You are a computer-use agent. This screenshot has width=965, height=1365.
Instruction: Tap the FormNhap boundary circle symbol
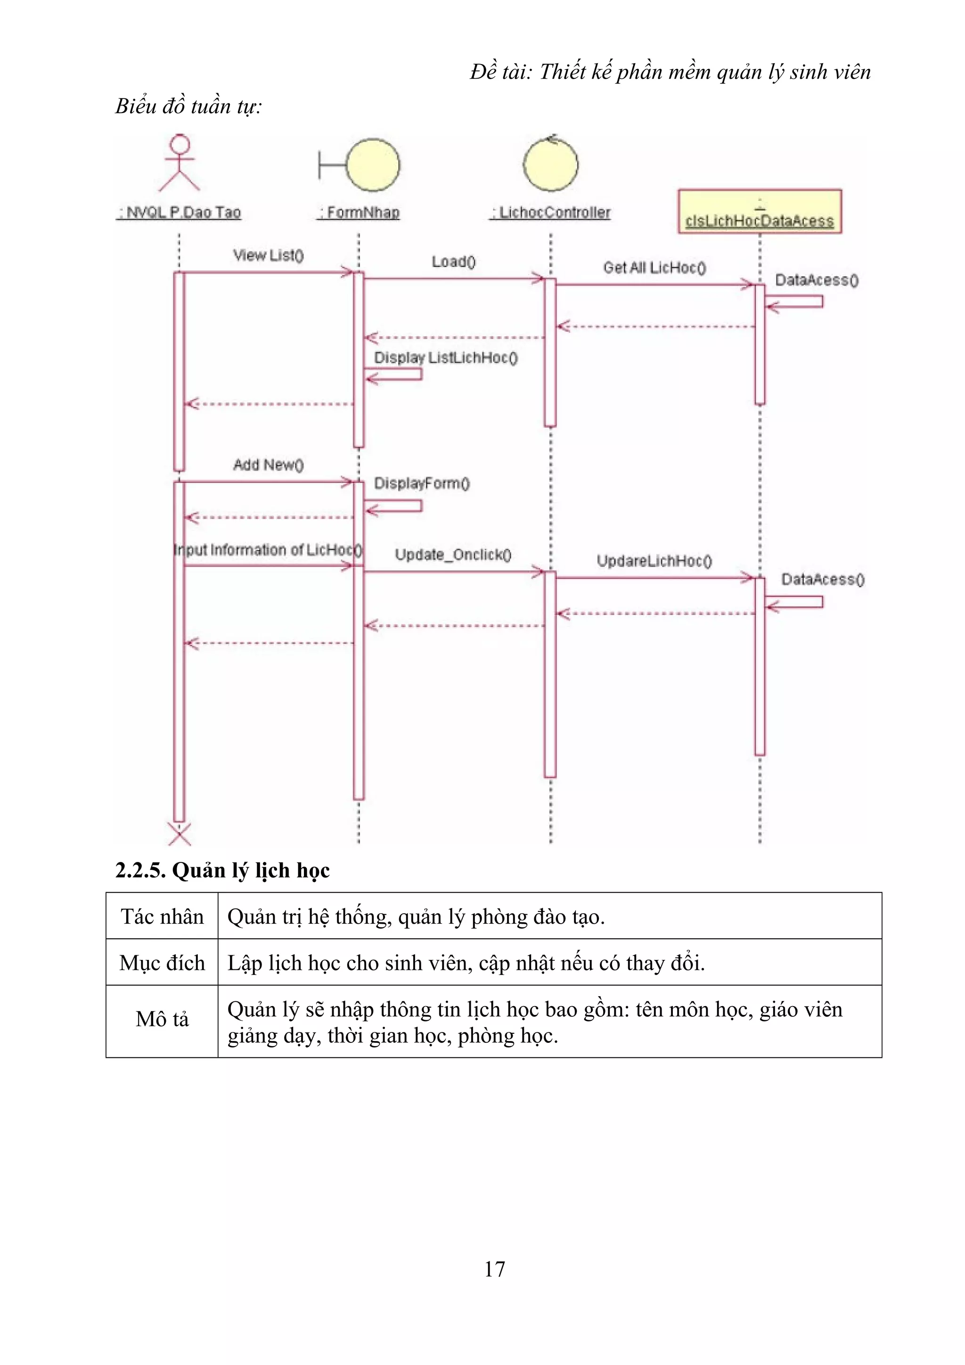tap(373, 165)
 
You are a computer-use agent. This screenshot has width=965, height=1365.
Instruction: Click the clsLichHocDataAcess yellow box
tap(760, 211)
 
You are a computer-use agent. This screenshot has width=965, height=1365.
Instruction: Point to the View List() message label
tap(268, 256)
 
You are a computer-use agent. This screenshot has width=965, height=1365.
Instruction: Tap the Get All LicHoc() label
tap(654, 268)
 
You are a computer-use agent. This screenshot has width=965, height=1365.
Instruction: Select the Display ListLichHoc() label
tap(446, 358)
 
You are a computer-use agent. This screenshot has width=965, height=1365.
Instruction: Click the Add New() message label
tap(268, 465)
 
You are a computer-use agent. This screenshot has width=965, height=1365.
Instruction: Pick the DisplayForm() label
tap(422, 483)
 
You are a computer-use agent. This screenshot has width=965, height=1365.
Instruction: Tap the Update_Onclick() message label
tap(453, 555)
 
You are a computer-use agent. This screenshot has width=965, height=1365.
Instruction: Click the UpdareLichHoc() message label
tap(654, 561)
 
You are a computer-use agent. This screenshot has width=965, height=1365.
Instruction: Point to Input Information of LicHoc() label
tap(268, 550)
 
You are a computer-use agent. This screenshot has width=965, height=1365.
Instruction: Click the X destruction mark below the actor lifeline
tap(180, 834)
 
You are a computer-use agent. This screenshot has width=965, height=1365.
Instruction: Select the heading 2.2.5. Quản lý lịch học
tap(222, 870)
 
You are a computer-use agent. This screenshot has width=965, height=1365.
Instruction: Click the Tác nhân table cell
tap(162, 917)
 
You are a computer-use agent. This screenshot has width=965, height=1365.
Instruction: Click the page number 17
tap(495, 1269)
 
